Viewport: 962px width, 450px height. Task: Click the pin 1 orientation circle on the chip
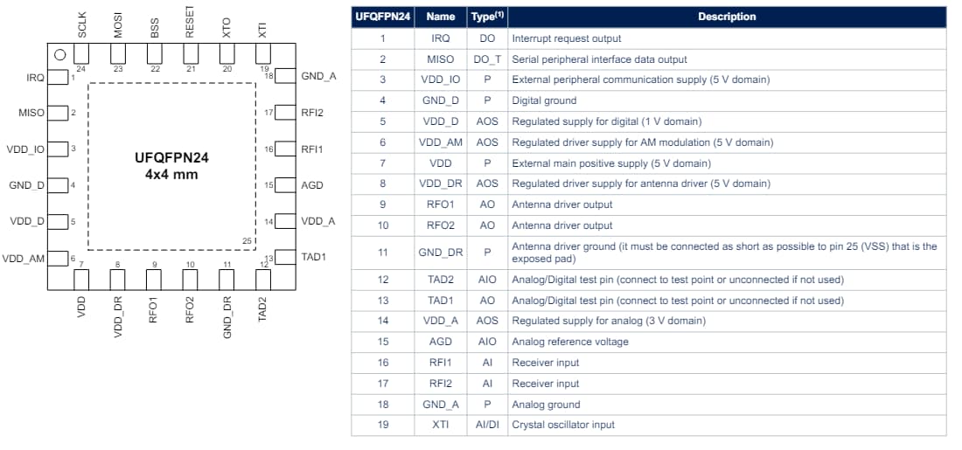pyautogui.click(x=60, y=55)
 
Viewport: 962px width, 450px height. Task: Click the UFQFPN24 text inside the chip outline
pyautogui.click(x=171, y=158)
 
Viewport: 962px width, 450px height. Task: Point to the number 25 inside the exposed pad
pyautogui.click(x=247, y=240)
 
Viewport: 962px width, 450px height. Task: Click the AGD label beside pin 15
pyautogui.click(x=311, y=185)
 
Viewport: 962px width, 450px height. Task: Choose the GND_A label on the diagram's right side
pyautogui.click(x=318, y=76)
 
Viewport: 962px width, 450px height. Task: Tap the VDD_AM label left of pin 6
pyautogui.click(x=24, y=259)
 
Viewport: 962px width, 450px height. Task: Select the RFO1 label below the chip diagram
pyautogui.click(x=154, y=309)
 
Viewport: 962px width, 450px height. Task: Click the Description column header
pyautogui.click(x=726, y=17)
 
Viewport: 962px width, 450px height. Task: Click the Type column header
pyautogui.click(x=487, y=17)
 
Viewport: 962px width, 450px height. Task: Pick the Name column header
pyautogui.click(x=441, y=17)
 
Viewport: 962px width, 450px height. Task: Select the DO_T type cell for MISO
pyautogui.click(x=487, y=59)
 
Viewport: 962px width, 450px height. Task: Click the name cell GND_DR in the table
pyautogui.click(x=441, y=253)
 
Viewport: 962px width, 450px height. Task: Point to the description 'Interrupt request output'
pyautogui.click(x=566, y=38)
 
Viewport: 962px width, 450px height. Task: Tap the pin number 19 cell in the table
pyautogui.click(x=382, y=425)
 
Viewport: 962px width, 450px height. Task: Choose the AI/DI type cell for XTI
pyautogui.click(x=487, y=425)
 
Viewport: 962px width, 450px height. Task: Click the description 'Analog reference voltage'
pyautogui.click(x=569, y=342)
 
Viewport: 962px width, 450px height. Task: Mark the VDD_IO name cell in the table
pyautogui.click(x=441, y=80)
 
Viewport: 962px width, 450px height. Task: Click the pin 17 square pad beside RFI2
pyautogui.click(x=283, y=113)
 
